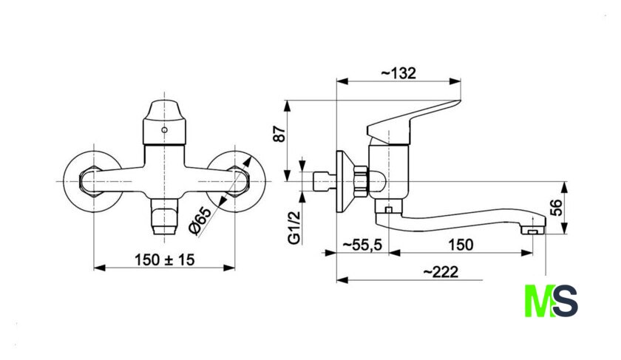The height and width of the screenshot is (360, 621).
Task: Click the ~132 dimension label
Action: (398, 73)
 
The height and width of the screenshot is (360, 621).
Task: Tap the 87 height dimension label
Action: (279, 135)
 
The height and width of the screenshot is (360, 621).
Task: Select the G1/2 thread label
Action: (294, 228)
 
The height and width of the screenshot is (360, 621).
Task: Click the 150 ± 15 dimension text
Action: (165, 259)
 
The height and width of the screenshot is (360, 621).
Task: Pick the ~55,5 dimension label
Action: (362, 245)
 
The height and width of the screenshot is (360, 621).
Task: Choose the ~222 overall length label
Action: (441, 272)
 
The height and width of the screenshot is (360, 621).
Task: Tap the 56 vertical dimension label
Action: (557, 208)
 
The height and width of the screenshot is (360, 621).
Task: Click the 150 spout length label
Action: (461, 245)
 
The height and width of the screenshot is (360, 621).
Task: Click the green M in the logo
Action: (538, 301)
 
